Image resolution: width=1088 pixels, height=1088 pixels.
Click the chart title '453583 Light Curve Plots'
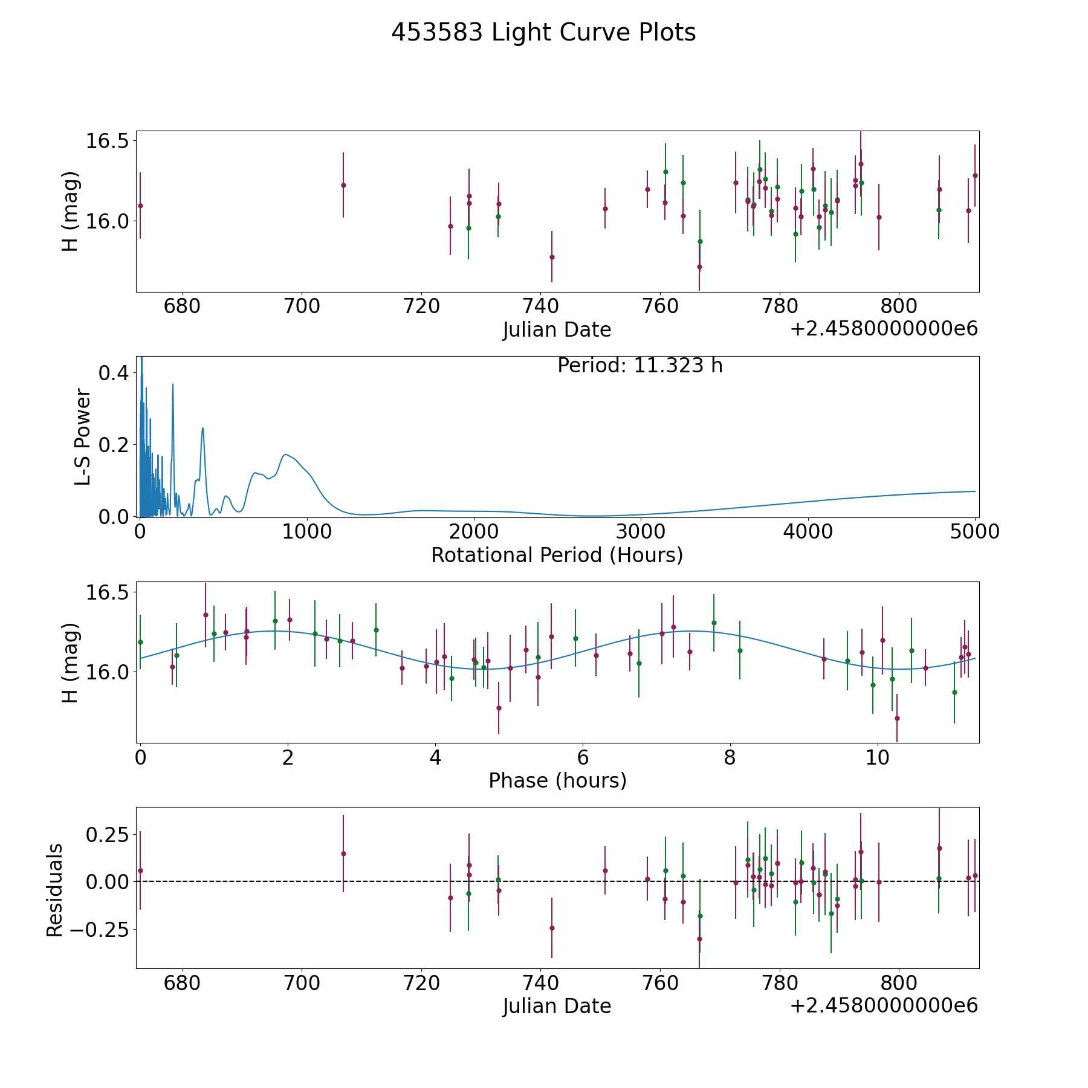[543, 33]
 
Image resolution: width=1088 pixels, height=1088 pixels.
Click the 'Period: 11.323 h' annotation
[640, 366]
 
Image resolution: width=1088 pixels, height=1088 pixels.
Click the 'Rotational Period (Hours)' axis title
[557, 555]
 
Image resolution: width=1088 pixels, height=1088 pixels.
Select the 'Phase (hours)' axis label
[557, 780]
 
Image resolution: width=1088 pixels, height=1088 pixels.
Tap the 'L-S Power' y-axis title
[83, 436]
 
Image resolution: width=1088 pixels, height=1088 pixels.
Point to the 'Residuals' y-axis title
[54, 890]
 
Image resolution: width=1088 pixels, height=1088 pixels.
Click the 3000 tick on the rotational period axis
[641, 532]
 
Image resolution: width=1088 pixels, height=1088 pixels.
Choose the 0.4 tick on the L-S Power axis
[114, 373]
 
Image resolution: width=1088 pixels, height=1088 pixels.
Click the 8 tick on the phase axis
[730, 757]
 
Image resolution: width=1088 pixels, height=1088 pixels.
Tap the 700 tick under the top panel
[302, 306]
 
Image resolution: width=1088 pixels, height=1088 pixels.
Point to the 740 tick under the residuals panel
[540, 983]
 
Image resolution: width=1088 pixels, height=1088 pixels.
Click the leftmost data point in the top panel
[140, 206]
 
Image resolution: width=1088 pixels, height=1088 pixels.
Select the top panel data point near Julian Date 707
[343, 185]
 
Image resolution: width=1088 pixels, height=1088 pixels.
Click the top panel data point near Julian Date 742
[552, 257]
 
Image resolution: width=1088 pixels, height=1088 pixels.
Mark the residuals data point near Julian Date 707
[343, 853]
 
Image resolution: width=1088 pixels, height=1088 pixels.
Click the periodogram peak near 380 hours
[202, 428]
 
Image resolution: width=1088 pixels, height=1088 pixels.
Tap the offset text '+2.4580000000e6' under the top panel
[884, 329]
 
